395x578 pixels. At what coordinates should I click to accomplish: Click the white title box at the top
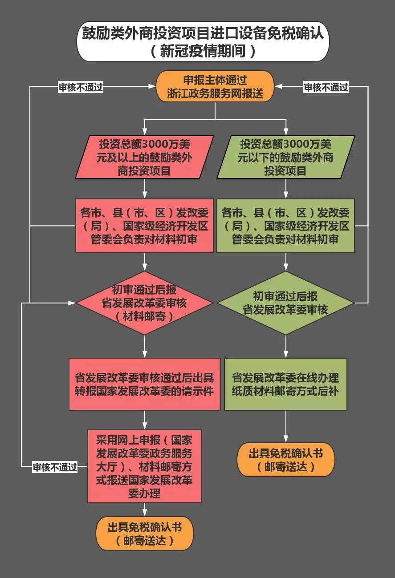(x=203, y=41)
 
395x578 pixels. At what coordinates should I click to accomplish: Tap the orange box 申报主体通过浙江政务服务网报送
(x=215, y=86)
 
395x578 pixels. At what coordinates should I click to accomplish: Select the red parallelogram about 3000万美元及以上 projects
(x=144, y=157)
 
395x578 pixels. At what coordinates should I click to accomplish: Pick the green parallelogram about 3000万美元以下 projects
(x=285, y=157)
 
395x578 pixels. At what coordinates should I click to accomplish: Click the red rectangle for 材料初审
(x=144, y=226)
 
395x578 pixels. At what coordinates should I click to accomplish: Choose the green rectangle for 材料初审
(x=285, y=226)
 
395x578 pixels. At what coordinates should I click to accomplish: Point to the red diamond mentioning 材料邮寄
(x=144, y=303)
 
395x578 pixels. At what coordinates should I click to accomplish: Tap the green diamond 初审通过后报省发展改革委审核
(x=285, y=303)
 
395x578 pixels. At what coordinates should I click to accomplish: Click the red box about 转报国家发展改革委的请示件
(x=144, y=384)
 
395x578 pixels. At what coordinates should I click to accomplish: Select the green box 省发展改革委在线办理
(x=285, y=384)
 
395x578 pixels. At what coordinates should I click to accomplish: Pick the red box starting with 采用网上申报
(x=144, y=466)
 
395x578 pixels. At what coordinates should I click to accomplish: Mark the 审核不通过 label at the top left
(x=81, y=87)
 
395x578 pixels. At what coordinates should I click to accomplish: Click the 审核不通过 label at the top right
(x=326, y=87)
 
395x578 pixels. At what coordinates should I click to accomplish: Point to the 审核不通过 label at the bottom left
(x=55, y=467)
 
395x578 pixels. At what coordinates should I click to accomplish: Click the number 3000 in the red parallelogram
(x=157, y=145)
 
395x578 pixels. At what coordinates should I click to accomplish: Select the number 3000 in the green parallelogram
(x=298, y=145)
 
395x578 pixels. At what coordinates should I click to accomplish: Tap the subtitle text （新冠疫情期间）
(x=203, y=51)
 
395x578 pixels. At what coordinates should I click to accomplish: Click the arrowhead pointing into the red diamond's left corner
(x=73, y=303)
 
